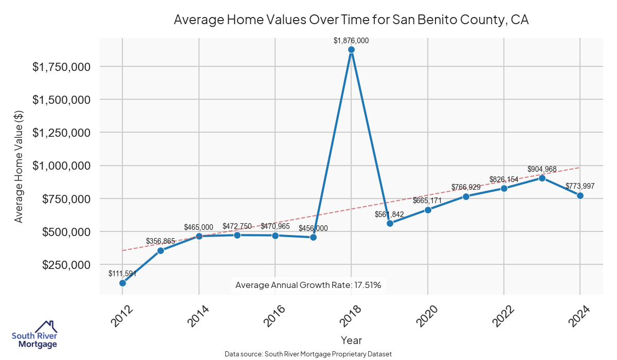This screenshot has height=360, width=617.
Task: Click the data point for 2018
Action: click(351, 50)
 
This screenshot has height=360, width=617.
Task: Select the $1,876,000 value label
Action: click(351, 41)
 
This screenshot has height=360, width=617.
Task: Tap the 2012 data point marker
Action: click(122, 283)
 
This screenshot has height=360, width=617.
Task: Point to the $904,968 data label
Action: click(542, 169)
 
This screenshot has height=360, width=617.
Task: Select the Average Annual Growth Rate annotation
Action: click(308, 285)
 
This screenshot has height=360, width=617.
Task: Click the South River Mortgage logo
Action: click(34, 335)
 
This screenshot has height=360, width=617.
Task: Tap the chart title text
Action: click(351, 20)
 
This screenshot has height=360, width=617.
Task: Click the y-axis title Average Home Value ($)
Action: click(19, 166)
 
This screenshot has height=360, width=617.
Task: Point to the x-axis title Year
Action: click(351, 340)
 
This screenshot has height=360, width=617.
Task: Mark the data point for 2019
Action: click(390, 223)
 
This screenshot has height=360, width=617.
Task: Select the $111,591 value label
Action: click(122, 274)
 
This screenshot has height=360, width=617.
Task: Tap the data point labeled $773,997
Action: click(580, 195)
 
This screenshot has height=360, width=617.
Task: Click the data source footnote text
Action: click(308, 354)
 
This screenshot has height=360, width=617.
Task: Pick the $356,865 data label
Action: click(160, 241)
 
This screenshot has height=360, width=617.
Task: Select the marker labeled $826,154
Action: click(504, 188)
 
